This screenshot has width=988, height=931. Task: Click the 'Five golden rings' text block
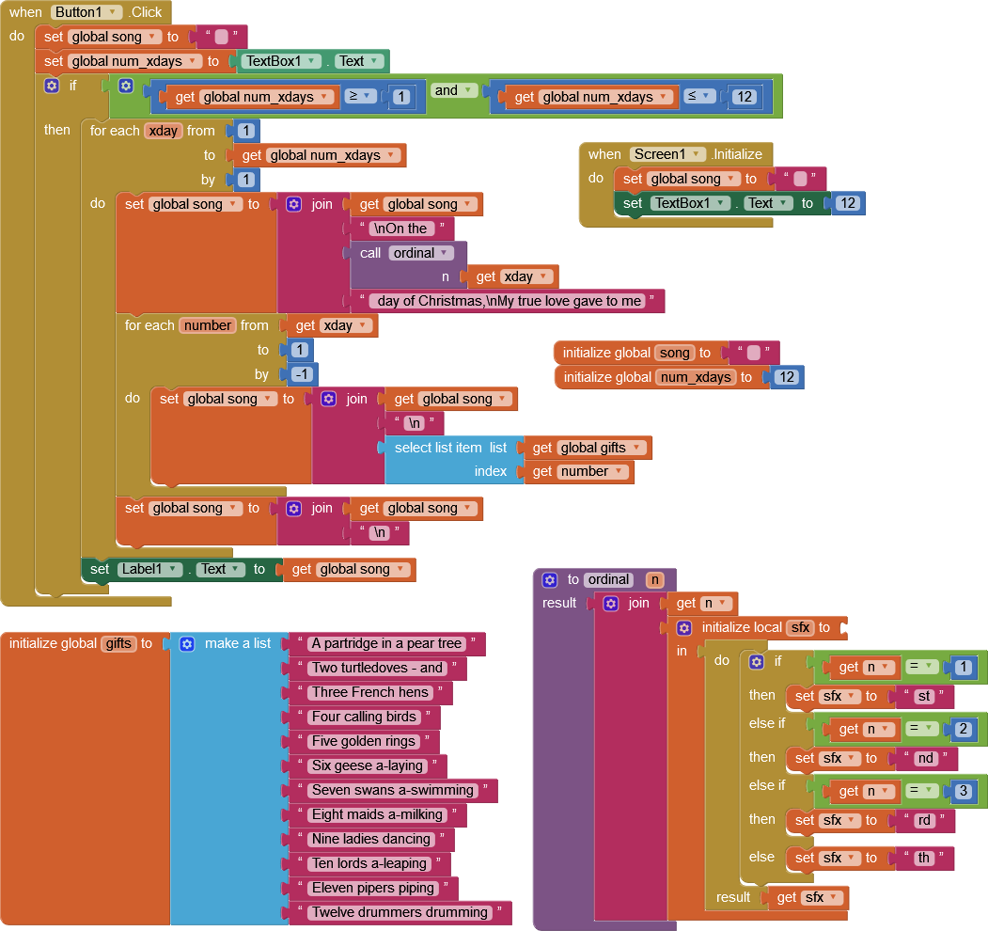[363, 741]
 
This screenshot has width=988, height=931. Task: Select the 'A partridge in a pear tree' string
[387, 643]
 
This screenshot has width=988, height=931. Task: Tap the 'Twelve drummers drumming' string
[400, 912]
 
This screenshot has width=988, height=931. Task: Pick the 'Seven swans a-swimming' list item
[392, 790]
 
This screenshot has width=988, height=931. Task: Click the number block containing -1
[302, 374]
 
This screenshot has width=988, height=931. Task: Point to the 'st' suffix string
[923, 696]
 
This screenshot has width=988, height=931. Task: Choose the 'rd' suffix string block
[924, 820]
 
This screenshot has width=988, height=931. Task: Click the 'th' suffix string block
[923, 858]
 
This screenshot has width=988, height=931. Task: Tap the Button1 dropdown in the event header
[87, 12]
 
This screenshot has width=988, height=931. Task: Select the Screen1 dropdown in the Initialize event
[667, 154]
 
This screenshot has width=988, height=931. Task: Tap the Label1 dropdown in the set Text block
[149, 569]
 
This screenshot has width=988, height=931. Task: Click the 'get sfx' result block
[808, 897]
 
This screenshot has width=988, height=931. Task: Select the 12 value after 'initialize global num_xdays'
[787, 377]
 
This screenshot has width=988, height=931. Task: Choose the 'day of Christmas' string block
[509, 301]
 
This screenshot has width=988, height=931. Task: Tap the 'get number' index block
[578, 471]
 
